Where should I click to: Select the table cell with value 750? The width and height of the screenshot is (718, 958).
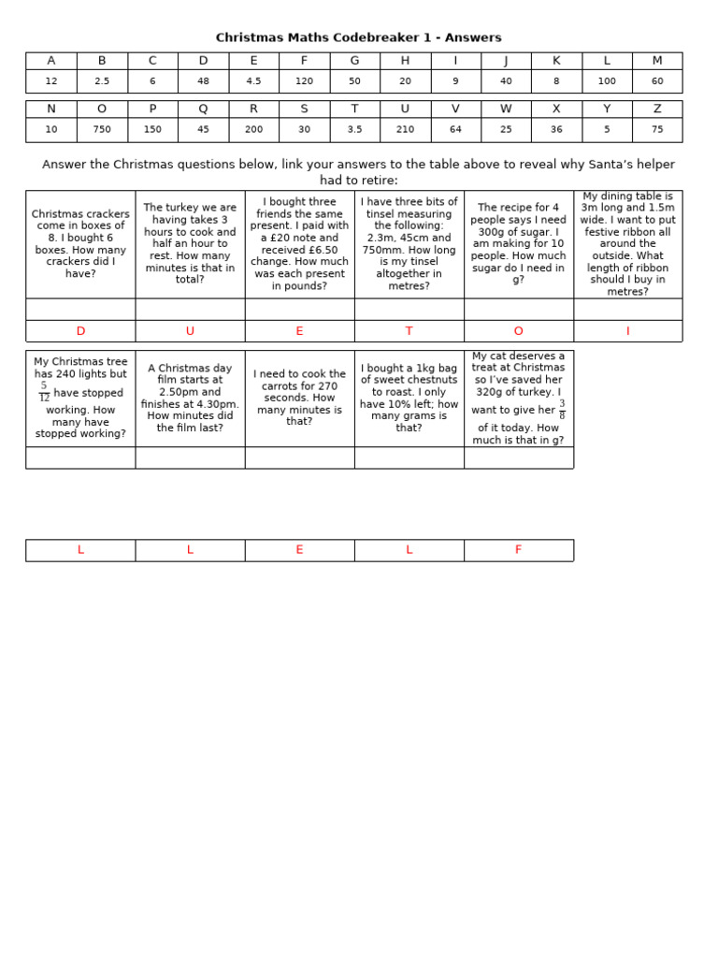tap(102, 130)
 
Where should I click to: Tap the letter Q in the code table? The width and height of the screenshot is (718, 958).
tap(203, 109)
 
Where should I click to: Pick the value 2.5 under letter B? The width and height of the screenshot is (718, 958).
tap(102, 81)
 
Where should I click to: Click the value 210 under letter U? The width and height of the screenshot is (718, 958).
tap(405, 130)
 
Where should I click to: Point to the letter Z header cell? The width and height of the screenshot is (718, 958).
tap(657, 109)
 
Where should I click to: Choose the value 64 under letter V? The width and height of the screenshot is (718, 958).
tap(455, 130)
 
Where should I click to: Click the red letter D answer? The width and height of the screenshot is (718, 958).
tap(80, 331)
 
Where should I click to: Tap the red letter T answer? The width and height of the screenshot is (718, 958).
tap(409, 331)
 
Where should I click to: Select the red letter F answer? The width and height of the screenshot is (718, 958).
tap(518, 550)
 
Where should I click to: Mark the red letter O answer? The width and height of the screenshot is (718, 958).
tap(518, 331)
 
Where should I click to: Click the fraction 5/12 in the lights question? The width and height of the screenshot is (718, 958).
tap(44, 392)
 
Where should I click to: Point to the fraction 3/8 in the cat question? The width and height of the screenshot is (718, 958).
tap(562, 410)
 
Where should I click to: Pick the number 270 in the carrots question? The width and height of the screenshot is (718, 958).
tap(328, 385)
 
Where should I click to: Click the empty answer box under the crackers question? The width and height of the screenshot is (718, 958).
tap(80, 310)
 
